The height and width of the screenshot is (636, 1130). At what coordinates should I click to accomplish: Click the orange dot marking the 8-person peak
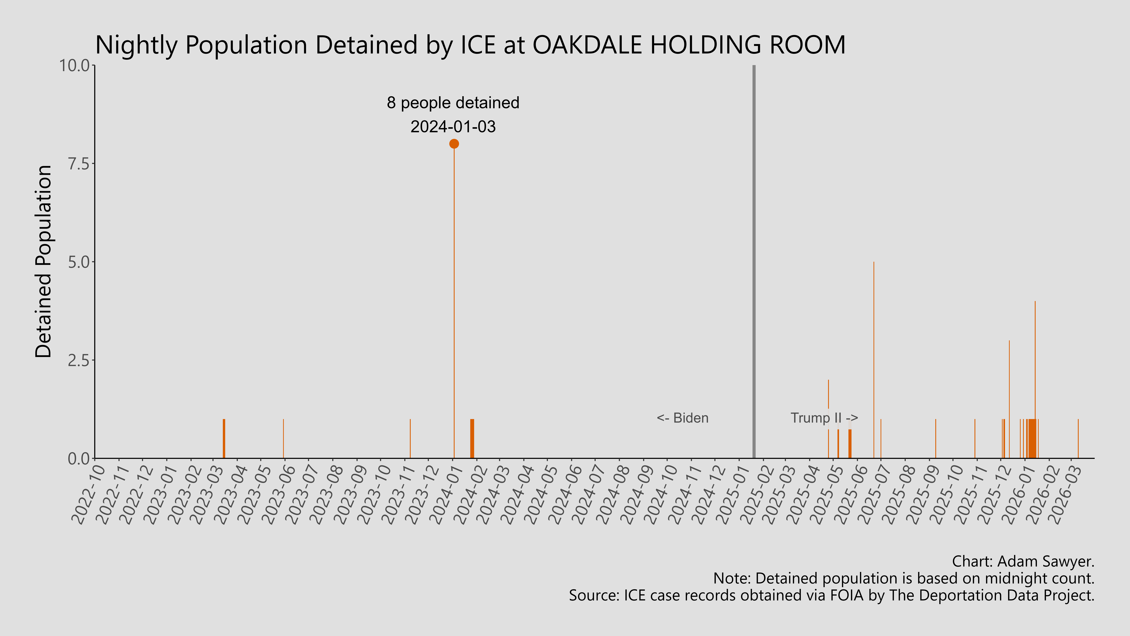454,144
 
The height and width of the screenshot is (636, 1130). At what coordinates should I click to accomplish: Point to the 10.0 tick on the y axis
77,66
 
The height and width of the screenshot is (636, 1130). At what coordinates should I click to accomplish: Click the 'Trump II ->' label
824,418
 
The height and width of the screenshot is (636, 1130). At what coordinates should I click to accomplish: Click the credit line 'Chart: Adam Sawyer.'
1023,561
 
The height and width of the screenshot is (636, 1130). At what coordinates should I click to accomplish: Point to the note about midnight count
904,579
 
